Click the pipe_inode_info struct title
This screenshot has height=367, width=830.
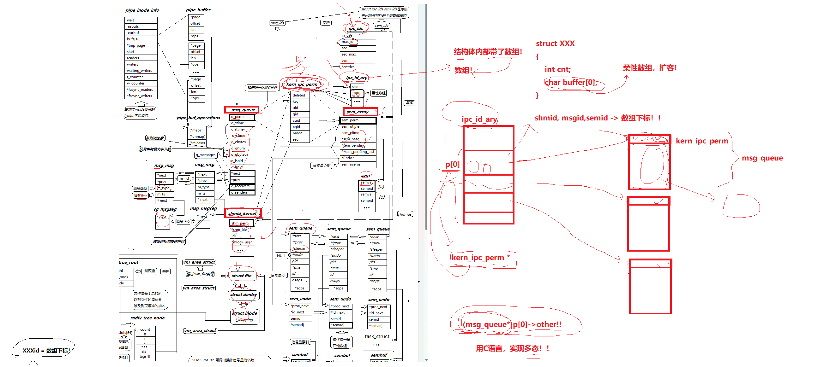click(x=142, y=10)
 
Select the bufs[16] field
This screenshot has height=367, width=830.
click(x=134, y=39)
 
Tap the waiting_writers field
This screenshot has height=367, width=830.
click(x=139, y=71)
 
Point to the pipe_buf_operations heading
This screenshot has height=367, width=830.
click(x=198, y=118)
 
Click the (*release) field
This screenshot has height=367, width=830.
click(x=197, y=143)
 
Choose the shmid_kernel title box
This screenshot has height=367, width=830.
click(x=242, y=213)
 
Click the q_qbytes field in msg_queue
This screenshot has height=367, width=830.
click(x=239, y=155)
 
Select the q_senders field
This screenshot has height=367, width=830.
click(x=240, y=192)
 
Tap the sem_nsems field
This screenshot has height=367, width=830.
click(x=351, y=164)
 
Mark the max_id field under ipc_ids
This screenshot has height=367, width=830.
click(x=348, y=42)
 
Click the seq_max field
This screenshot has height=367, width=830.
click(x=349, y=54)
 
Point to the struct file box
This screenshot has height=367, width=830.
click(x=242, y=276)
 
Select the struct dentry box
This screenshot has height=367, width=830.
click(x=243, y=294)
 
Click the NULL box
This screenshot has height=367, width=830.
click(x=281, y=256)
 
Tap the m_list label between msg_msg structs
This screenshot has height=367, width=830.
click(x=184, y=178)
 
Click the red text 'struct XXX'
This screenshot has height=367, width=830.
click(x=555, y=44)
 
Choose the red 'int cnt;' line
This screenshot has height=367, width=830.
click(x=557, y=69)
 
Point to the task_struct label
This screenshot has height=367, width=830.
click(x=377, y=336)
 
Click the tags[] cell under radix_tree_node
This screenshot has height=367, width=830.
click(x=145, y=356)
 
